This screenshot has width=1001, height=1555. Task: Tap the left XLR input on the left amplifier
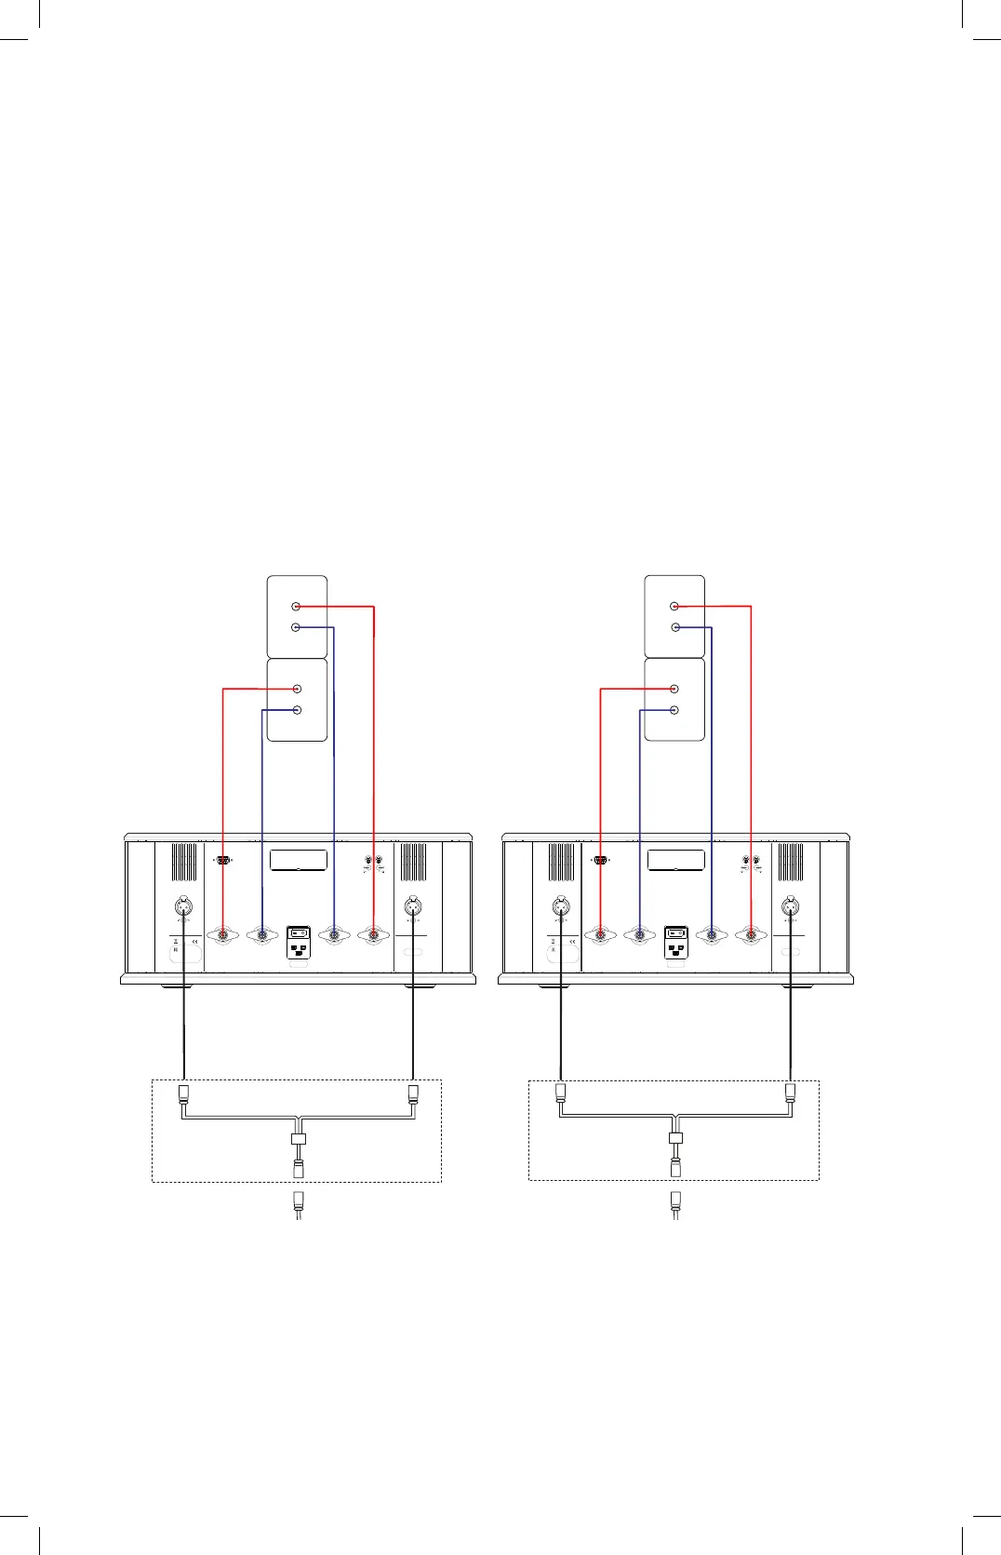[x=184, y=905]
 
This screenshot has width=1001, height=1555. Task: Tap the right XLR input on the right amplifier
[x=791, y=905]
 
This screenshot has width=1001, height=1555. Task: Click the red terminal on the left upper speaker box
[x=296, y=607]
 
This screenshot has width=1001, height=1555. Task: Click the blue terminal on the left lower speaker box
[x=297, y=710]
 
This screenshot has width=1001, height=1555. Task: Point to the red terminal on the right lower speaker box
[x=674, y=690]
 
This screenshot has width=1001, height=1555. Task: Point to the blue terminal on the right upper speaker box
[x=674, y=628]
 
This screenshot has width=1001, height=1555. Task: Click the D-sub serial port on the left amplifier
[x=223, y=861]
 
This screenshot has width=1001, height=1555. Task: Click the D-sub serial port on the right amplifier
[x=600, y=861]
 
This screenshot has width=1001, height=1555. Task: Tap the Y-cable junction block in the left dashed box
[x=299, y=1139]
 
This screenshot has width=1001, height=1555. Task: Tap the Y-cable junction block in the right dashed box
[x=676, y=1138]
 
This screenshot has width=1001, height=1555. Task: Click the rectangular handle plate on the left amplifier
[x=299, y=860]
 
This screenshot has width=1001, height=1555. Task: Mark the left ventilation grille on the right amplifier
[x=561, y=862]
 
